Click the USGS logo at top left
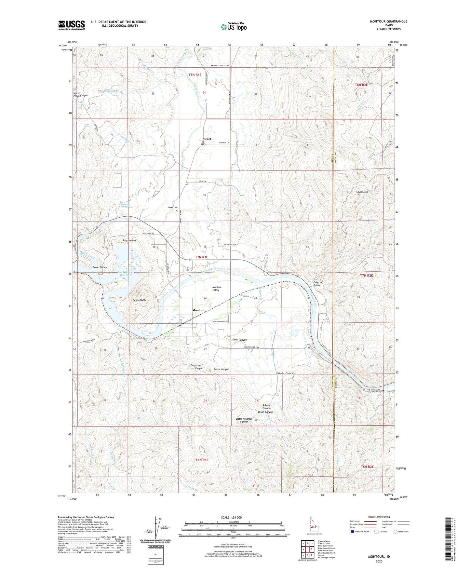coord(72,25)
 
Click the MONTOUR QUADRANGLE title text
coord(388,21)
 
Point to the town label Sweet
coord(207,139)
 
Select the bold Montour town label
coord(198,310)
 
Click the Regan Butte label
coord(140,300)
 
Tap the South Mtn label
coord(362,192)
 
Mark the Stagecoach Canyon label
coord(197,367)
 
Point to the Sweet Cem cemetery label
coord(173,207)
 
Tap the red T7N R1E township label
coord(201,257)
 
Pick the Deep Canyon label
coord(239,340)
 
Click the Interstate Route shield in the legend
coord(353,532)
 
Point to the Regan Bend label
coord(129,240)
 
